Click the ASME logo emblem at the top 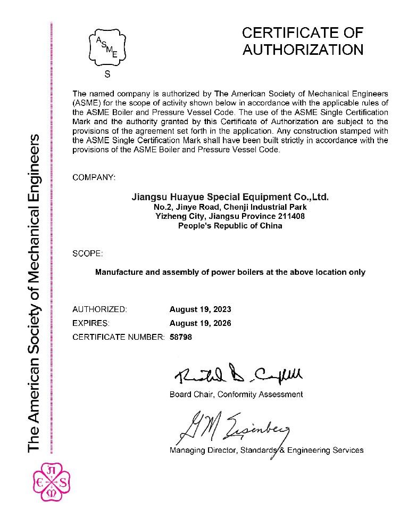107,47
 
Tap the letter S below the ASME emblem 107,75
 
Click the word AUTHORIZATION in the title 303,50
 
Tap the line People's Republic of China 230,225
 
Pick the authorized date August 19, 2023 200,309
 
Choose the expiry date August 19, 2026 200,323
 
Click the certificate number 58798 180,337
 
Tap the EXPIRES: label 91,323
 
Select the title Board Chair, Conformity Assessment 236,395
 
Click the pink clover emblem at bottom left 52,483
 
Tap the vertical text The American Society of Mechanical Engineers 34,293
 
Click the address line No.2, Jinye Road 230,207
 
